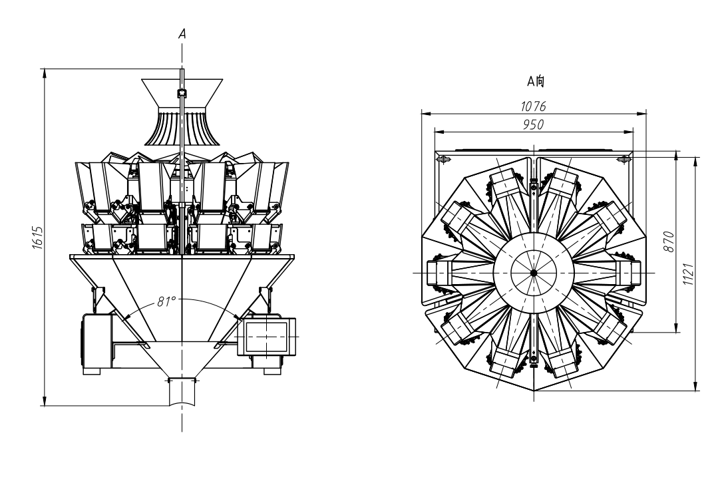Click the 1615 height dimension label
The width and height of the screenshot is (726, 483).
[x=37, y=238]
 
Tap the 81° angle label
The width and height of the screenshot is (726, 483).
[x=166, y=301]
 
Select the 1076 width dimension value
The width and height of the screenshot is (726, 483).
[x=534, y=106]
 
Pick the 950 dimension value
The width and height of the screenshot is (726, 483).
[x=534, y=124]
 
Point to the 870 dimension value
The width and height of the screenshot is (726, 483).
[x=669, y=241]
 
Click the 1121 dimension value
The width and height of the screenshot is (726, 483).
[x=688, y=273]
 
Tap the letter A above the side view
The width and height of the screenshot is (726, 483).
[x=182, y=34]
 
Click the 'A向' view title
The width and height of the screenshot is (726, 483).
[x=536, y=82]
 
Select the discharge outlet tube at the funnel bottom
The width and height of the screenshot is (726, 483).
[x=182, y=392]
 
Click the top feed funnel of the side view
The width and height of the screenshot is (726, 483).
[x=182, y=93]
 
